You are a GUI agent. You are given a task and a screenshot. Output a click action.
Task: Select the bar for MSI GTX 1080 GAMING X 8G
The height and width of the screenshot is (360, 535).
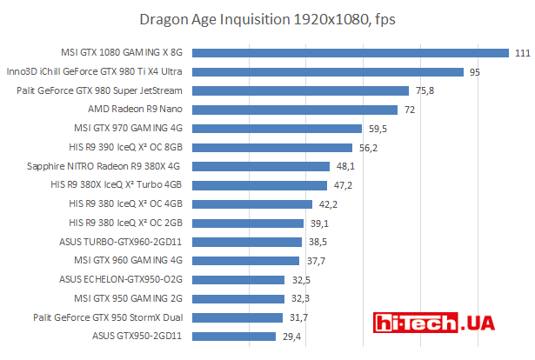coord(351,52)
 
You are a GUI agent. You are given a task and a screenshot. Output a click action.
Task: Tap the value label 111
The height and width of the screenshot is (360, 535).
coord(522,53)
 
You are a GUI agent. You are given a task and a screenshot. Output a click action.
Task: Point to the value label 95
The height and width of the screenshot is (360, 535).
coord(475,72)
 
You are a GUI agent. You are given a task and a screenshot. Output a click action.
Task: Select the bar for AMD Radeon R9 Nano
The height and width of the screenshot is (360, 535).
coord(295,110)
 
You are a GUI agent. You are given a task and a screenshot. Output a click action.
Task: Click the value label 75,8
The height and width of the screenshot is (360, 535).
coord(425,90)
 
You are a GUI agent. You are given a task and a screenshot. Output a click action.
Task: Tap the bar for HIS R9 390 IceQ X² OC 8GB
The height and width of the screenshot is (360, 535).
coord(272,147)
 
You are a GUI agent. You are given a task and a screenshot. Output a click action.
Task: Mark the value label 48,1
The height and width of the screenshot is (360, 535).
coord(345,166)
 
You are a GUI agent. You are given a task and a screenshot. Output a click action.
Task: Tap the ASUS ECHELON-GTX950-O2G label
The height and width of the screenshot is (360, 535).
coord(121,279)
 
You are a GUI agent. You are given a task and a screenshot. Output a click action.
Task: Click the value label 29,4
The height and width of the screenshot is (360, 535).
coord(291,336)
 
